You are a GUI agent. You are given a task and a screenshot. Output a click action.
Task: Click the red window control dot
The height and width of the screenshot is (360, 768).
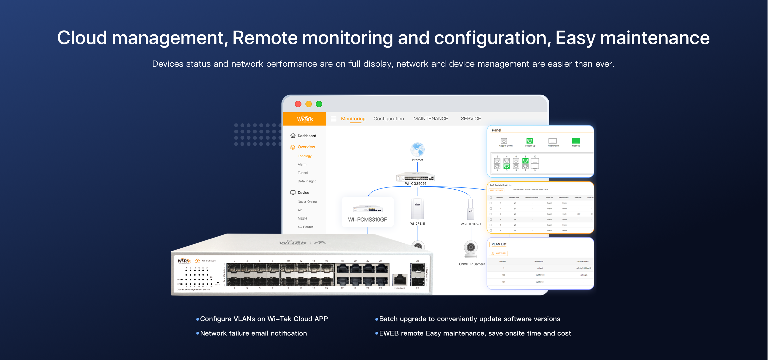click(298, 104)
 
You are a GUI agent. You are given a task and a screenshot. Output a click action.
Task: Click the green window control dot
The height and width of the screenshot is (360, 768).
click(319, 104)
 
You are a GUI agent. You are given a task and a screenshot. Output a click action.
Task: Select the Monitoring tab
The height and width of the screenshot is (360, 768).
click(353, 119)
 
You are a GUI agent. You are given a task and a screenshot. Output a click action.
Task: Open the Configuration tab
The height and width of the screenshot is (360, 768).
click(389, 119)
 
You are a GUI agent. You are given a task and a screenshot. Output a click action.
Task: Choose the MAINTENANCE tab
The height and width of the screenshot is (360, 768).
click(431, 119)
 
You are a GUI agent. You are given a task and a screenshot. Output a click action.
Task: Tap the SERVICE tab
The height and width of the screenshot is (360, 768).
click(470, 119)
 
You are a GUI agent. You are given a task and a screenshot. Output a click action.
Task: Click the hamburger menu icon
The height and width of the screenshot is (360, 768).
click(334, 119)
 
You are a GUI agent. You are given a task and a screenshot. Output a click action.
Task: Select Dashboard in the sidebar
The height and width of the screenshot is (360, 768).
click(306, 136)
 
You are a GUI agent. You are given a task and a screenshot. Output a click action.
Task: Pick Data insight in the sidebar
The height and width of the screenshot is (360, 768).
click(306, 181)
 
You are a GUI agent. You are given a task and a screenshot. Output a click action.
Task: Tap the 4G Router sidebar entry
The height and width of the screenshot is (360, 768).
click(305, 227)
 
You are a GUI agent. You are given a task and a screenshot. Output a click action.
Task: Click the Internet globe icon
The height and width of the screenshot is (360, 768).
click(417, 150)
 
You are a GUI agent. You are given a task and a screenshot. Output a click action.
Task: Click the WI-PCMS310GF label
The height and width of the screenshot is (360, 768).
click(367, 220)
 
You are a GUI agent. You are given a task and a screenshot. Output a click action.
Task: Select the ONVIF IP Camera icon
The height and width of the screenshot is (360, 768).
click(471, 249)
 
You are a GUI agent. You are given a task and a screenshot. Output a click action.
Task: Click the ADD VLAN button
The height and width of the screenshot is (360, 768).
click(498, 253)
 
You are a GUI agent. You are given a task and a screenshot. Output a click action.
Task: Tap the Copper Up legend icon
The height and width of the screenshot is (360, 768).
click(529, 141)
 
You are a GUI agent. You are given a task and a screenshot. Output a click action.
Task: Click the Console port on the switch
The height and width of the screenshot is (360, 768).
click(400, 280)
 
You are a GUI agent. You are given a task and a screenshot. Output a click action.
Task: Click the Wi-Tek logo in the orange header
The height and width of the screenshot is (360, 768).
click(305, 119)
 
